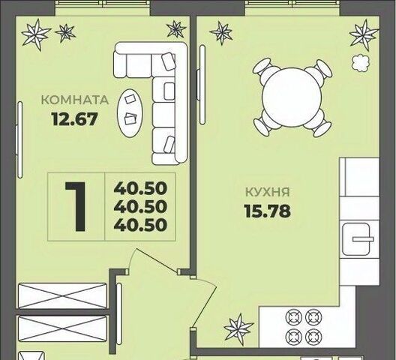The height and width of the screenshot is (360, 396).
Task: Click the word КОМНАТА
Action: tap(75, 100)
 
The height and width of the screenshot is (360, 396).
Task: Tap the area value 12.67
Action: tap(74, 119)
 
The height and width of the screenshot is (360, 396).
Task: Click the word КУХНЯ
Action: tap(268, 192)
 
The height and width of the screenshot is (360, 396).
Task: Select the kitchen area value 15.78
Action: tap(268, 211)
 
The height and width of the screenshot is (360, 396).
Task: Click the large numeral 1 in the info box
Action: tap(76, 206)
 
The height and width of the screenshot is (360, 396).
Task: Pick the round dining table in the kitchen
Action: tap(292, 97)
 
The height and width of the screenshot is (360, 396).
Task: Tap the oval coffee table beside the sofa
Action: tap(130, 113)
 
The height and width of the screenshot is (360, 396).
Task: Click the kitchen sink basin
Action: tap(356, 239)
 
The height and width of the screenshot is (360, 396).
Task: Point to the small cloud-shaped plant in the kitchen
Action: tap(361, 64)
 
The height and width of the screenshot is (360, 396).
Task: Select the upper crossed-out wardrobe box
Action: tap(62, 295)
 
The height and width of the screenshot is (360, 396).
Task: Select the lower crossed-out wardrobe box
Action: tap(62, 328)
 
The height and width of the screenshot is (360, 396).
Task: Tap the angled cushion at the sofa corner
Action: tap(169, 61)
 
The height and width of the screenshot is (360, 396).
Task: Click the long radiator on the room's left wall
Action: tap(19, 140)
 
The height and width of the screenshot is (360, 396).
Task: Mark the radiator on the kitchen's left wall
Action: tap(202, 85)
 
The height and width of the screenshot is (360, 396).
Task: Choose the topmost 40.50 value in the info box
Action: tap(140, 188)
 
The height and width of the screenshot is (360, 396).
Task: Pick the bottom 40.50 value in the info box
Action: tap(140, 224)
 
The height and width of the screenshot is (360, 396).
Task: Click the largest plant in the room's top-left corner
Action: tap(36, 34)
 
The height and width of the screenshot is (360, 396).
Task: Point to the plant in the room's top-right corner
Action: tap(176, 28)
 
